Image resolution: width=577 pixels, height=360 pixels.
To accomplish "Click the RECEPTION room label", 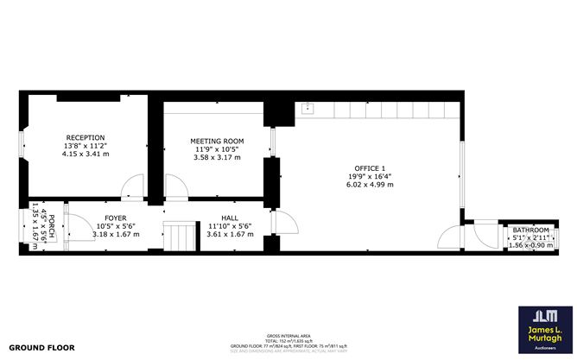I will [86, 137].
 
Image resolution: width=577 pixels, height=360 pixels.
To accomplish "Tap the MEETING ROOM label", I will [218, 141].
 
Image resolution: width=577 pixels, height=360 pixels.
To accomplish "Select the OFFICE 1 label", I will [370, 167].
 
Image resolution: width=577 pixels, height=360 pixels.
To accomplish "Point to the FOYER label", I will [116, 218].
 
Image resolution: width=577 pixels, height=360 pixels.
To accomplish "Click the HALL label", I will [230, 218].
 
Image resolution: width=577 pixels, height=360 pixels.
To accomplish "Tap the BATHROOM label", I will [530, 230].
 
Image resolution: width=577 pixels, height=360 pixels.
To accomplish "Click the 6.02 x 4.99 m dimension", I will [370, 184].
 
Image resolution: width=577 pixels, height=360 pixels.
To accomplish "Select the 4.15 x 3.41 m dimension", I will [86, 154].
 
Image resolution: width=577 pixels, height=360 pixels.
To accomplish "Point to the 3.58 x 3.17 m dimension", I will [218, 157].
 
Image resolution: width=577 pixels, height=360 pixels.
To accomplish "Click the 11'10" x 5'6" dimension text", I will [230, 226].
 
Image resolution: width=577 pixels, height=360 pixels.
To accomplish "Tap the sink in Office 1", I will [308, 109].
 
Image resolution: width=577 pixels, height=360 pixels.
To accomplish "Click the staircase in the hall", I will [181, 236].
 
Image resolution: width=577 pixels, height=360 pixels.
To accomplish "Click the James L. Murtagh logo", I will [542, 328].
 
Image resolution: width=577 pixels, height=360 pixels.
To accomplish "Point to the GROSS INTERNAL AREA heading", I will [288, 335].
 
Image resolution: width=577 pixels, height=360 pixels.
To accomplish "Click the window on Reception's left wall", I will [22, 146].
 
